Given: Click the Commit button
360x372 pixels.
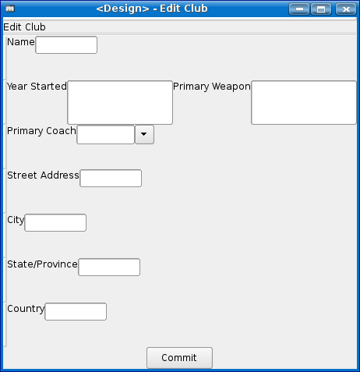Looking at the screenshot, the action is [179, 358].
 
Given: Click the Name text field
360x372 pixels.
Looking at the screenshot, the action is [66, 45].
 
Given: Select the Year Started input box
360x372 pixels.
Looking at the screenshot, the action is [120, 102].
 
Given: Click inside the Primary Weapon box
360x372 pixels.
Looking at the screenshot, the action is [304, 102].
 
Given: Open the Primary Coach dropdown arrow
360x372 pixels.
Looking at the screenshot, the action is [144, 134].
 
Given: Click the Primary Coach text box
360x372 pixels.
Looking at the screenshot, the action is [106, 134].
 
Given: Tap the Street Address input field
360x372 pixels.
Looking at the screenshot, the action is [111, 178].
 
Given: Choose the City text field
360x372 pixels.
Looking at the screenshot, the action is [55, 222].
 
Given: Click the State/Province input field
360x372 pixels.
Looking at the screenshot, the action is [109, 267].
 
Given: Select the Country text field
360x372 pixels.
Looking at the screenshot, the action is [76, 311].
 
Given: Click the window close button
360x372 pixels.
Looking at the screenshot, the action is [346, 9].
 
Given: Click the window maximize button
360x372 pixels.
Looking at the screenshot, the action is [321, 9].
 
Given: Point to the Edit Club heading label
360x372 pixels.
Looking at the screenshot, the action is [24, 27].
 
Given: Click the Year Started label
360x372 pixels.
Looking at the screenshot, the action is [37, 87].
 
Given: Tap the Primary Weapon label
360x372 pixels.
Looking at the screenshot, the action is [212, 87].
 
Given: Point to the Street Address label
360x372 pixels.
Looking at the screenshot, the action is [43, 175].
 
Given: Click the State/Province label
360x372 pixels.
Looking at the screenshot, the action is [42, 264].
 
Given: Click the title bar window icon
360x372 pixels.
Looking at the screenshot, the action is [10, 9].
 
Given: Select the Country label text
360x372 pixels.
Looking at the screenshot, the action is [26, 309].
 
